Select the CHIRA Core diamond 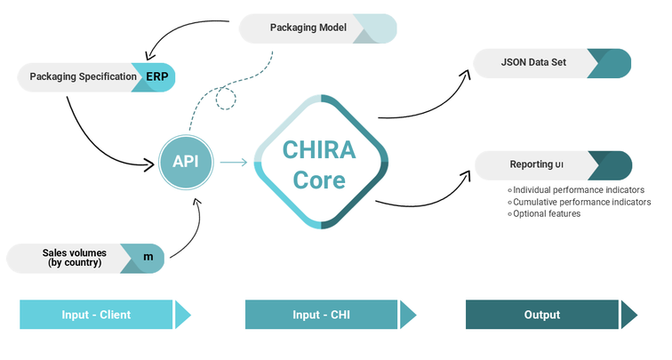click(321, 162)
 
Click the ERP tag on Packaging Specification click(157, 76)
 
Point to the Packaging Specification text click(84, 76)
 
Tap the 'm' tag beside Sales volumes click(148, 258)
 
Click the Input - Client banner click(97, 315)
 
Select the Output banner click(542, 315)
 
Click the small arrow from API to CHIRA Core click(233, 163)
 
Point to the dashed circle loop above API click(228, 98)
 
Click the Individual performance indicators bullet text click(579, 189)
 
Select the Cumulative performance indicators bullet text click(581, 202)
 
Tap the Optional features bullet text click(547, 213)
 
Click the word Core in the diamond click(320, 180)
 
